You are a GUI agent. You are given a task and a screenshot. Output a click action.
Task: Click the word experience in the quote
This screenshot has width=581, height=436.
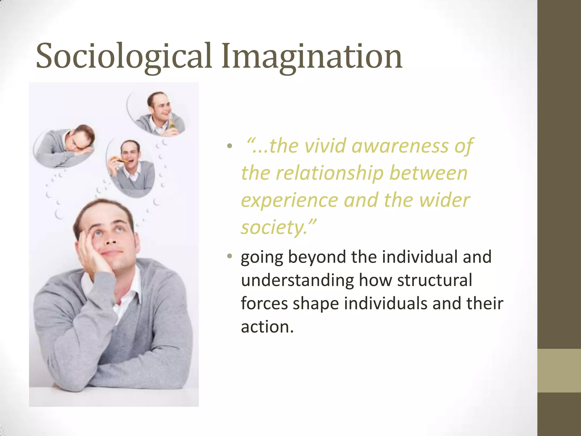[x=289, y=200]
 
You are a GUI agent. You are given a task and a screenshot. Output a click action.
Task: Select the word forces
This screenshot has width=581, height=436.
[x=264, y=304]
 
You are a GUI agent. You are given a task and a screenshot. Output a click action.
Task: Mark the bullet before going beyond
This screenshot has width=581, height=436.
[x=230, y=257]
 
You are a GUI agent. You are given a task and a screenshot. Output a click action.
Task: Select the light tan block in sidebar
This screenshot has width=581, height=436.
[x=559, y=370]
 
